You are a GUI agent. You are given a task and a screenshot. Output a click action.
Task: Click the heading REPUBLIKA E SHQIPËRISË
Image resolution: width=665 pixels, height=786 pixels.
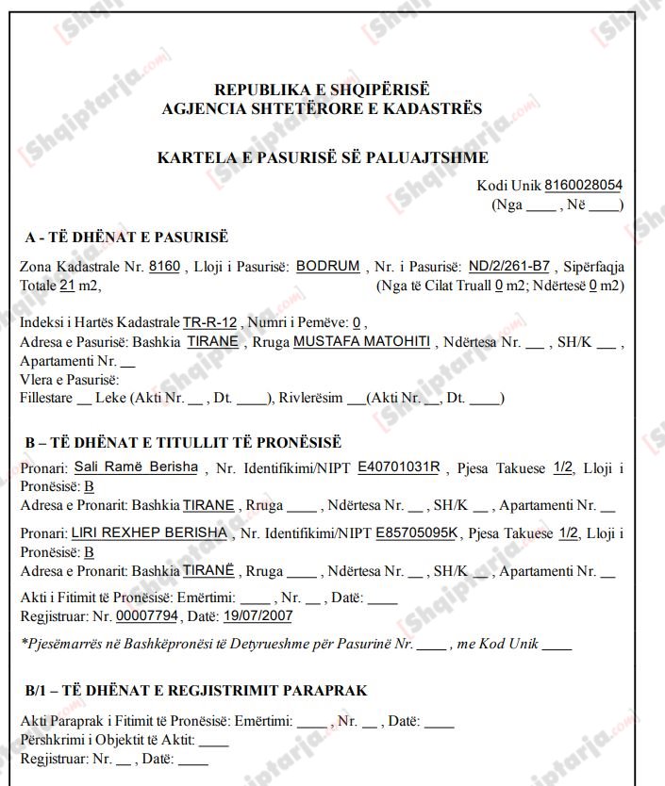tap(322, 90)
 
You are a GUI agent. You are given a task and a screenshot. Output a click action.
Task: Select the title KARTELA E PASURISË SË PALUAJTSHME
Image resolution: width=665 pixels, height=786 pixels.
tap(323, 158)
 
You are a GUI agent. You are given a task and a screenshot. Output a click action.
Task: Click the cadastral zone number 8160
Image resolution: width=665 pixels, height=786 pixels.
tap(164, 267)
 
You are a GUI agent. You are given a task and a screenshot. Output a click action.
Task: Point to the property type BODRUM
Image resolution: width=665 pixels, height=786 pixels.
tap(327, 267)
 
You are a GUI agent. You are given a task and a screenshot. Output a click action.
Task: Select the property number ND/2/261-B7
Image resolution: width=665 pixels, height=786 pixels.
tap(509, 267)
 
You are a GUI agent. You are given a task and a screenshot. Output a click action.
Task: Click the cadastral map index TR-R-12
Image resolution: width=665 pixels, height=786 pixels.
tap(209, 322)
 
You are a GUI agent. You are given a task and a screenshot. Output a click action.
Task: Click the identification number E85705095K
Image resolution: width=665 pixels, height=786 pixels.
tap(416, 533)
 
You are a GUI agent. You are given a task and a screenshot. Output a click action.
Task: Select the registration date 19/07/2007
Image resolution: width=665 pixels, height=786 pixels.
tap(258, 616)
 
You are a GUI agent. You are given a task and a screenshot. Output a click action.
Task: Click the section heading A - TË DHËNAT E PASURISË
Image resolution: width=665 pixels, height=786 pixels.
tap(126, 237)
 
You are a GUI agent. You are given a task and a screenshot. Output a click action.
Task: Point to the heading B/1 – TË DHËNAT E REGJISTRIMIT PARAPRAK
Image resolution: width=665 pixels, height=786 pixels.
tap(196, 691)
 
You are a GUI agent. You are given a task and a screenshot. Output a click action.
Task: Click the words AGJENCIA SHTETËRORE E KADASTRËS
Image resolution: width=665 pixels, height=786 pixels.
tap(322, 109)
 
